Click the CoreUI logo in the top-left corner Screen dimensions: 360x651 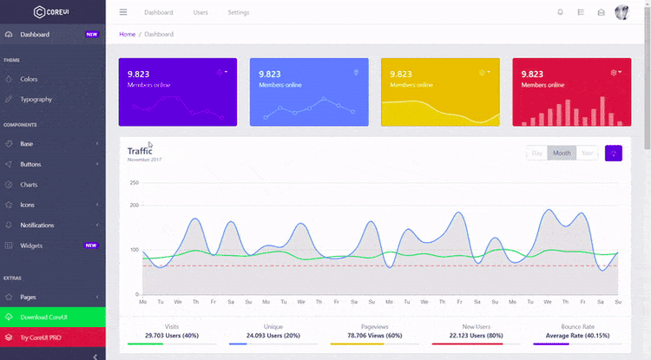click(x=52, y=12)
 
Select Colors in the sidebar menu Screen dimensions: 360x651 click(x=29, y=79)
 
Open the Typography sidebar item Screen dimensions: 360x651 click(x=36, y=99)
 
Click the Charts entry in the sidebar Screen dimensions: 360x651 click(x=30, y=185)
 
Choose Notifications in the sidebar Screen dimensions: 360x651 click(x=36, y=226)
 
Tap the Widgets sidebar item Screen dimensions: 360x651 click(x=31, y=245)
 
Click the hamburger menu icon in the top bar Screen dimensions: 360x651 click(x=123, y=12)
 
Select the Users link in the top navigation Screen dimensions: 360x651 click(x=201, y=13)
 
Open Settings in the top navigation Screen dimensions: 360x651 click(x=239, y=13)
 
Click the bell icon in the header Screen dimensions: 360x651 click(x=560, y=12)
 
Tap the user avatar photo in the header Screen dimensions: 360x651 click(x=622, y=12)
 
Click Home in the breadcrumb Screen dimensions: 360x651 click(x=128, y=34)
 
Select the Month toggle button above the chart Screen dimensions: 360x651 click(x=562, y=154)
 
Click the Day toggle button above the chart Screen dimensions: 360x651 click(x=537, y=154)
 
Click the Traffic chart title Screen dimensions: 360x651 click(x=139, y=151)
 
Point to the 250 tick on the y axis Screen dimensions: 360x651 click(x=134, y=183)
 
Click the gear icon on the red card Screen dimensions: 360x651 click(x=614, y=73)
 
